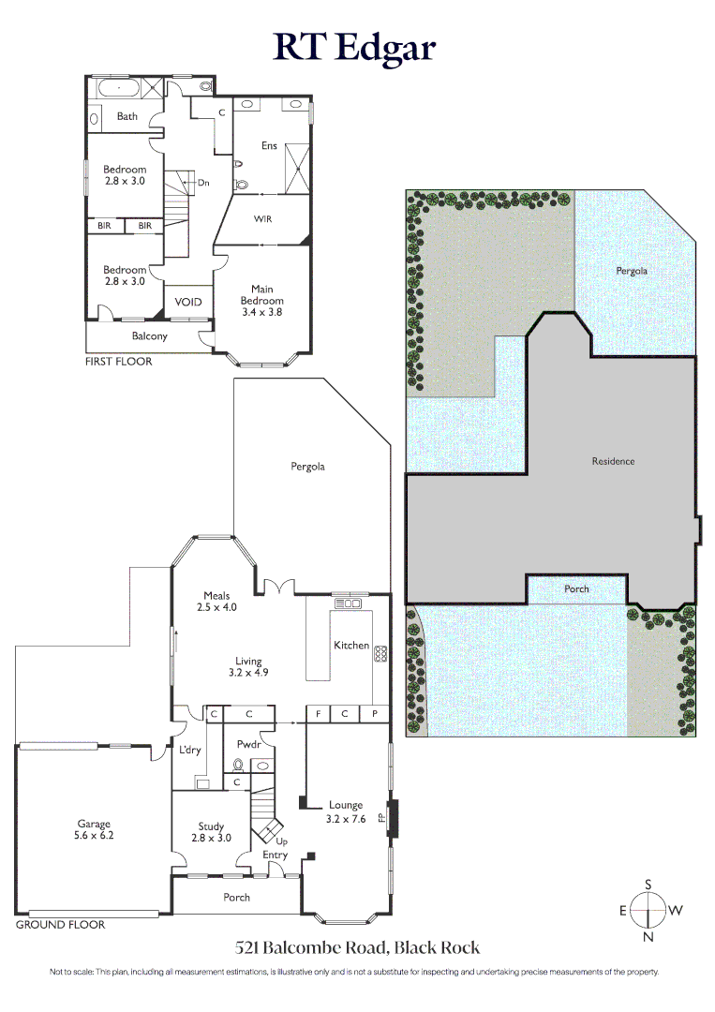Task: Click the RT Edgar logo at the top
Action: coord(355,46)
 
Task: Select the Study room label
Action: coord(211,832)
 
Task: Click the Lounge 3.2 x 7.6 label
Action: coord(345,811)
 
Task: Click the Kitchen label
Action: coord(351,646)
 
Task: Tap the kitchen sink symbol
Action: coord(349,603)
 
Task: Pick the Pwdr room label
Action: coord(249,742)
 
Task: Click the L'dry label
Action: coord(190,751)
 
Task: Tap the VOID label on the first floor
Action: coord(188,302)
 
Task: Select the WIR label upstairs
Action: coord(263,218)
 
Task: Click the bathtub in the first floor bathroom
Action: coord(119,89)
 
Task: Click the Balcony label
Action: coord(150,335)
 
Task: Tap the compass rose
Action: coord(648,909)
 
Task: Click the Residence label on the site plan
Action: coord(613,461)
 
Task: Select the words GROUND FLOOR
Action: coord(61,925)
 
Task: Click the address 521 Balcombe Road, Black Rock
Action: coord(357,947)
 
